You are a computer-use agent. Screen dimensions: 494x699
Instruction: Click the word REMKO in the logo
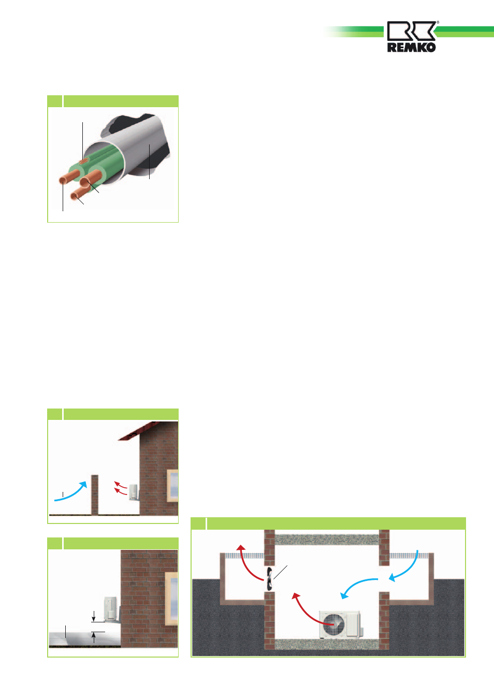tap(411, 48)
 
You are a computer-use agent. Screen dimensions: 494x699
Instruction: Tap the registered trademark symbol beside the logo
tap(438, 22)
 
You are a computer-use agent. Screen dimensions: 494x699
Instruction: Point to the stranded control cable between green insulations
tap(84, 162)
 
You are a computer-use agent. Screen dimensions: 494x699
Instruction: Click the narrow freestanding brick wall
tap(95, 495)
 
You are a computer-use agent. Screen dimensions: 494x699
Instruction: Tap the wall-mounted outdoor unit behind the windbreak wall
tap(134, 492)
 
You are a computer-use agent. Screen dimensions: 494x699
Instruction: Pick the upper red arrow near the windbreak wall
tap(121, 485)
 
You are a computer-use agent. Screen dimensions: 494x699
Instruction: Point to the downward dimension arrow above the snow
tap(94, 616)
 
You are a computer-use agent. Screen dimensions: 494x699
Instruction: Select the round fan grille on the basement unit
tap(333, 624)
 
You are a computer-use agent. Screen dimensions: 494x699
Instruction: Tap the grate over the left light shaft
tap(244, 556)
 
